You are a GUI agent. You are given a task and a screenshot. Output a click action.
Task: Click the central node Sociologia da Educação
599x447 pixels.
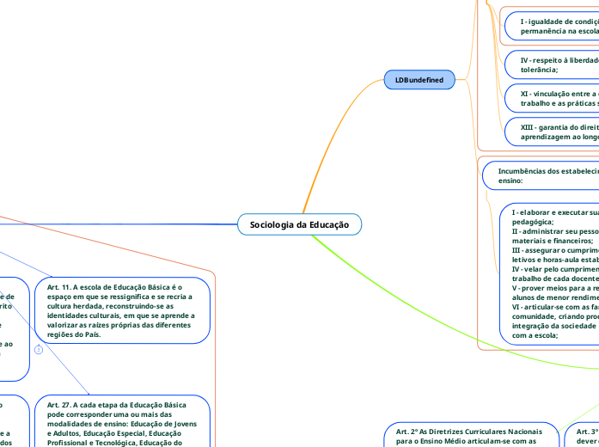[x=300, y=224]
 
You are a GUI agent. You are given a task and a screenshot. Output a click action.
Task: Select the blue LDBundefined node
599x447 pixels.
[x=419, y=80]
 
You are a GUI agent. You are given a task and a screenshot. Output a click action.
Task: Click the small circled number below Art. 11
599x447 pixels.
[x=39, y=350]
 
